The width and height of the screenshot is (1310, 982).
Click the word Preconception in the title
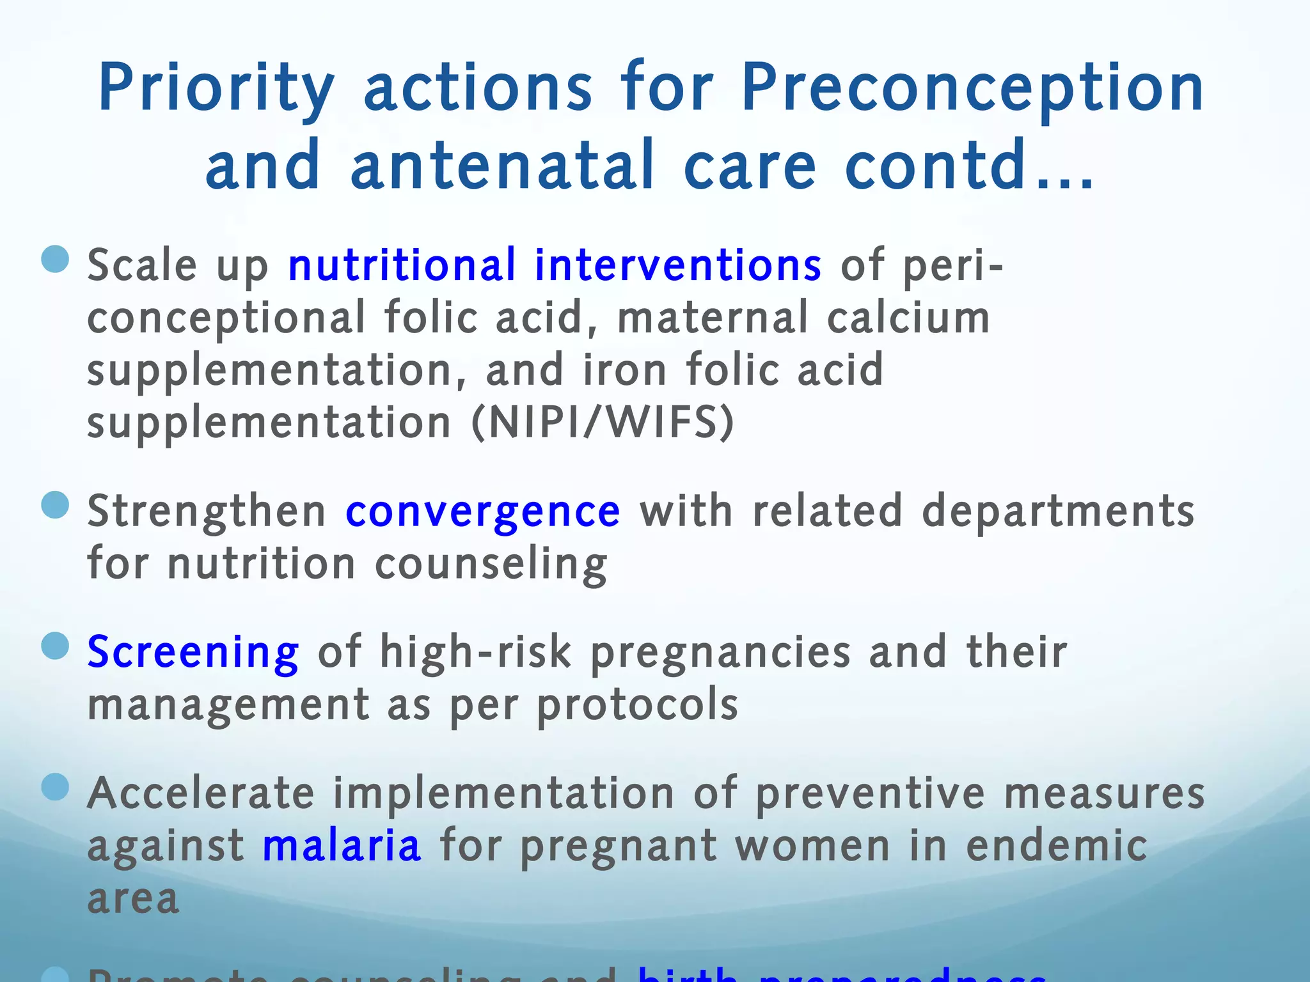972,90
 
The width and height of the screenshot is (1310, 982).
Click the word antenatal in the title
503,166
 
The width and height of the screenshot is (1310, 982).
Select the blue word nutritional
402,265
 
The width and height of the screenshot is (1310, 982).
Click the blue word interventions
678,265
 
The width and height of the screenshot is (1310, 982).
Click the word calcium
908,318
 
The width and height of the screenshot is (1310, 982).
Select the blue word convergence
483,511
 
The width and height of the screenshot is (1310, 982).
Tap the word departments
1058,511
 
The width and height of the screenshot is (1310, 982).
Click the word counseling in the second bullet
491,565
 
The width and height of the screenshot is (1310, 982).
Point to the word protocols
637,705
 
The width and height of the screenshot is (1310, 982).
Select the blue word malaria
342,846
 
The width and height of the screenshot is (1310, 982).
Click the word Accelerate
201,793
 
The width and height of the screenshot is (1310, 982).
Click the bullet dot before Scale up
55,259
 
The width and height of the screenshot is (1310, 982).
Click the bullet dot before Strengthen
55,505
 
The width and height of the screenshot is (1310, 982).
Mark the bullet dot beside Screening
55,646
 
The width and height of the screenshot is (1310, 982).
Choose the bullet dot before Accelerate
55,787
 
